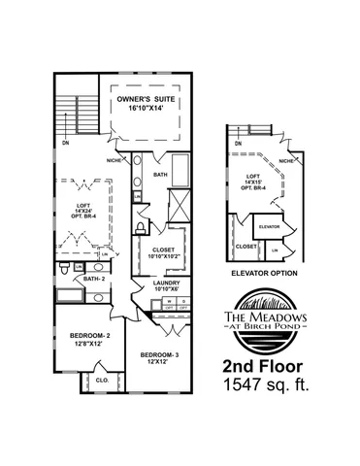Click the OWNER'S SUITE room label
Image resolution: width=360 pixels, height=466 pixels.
coord(147,100)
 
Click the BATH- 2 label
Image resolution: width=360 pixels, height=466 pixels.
coord(93,279)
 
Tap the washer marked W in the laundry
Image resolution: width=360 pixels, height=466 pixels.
coord(169,301)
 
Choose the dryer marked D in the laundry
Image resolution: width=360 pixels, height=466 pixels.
coord(182,301)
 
